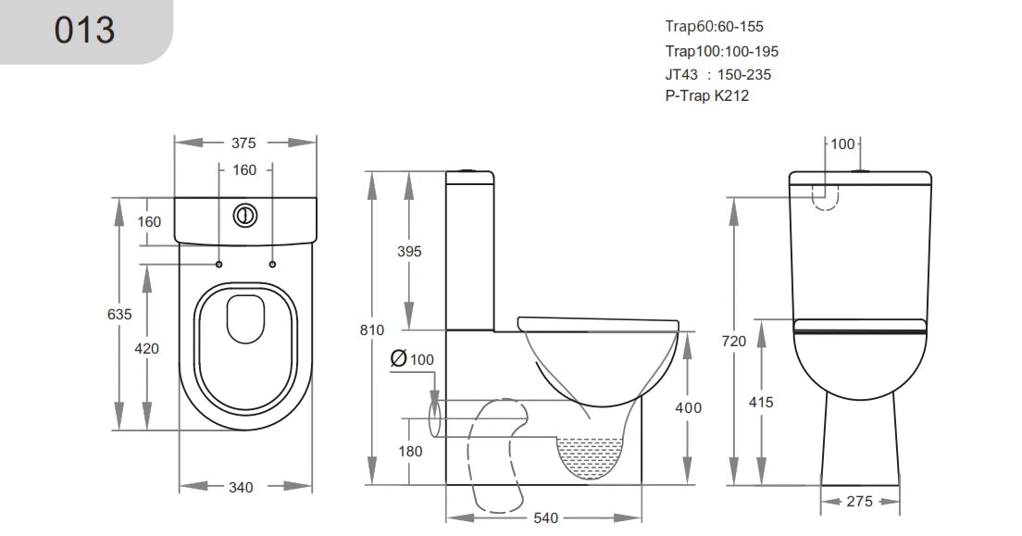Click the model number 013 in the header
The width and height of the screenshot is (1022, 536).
(x=85, y=31)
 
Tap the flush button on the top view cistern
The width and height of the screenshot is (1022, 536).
(x=245, y=214)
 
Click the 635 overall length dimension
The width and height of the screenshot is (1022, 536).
(x=119, y=314)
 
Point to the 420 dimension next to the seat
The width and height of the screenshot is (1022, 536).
(x=147, y=348)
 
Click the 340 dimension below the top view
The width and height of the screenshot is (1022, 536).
(x=243, y=487)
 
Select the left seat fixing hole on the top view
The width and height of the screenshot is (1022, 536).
(x=219, y=265)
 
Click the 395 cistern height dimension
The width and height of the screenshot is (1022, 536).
(x=408, y=252)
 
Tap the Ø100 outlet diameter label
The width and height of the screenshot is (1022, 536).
(x=412, y=358)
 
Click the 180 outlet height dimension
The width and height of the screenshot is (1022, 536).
(x=410, y=452)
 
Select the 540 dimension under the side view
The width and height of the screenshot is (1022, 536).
(x=546, y=517)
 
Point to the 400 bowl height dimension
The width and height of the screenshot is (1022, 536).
(x=688, y=407)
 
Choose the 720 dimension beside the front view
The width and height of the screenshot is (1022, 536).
(x=733, y=341)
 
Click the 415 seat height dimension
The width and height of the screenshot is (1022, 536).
(x=761, y=402)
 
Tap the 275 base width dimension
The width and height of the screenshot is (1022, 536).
(x=861, y=502)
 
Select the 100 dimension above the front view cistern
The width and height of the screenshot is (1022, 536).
(x=842, y=144)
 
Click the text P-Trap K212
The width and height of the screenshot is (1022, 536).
(x=706, y=96)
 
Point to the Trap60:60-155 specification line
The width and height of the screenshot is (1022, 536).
(x=714, y=27)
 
